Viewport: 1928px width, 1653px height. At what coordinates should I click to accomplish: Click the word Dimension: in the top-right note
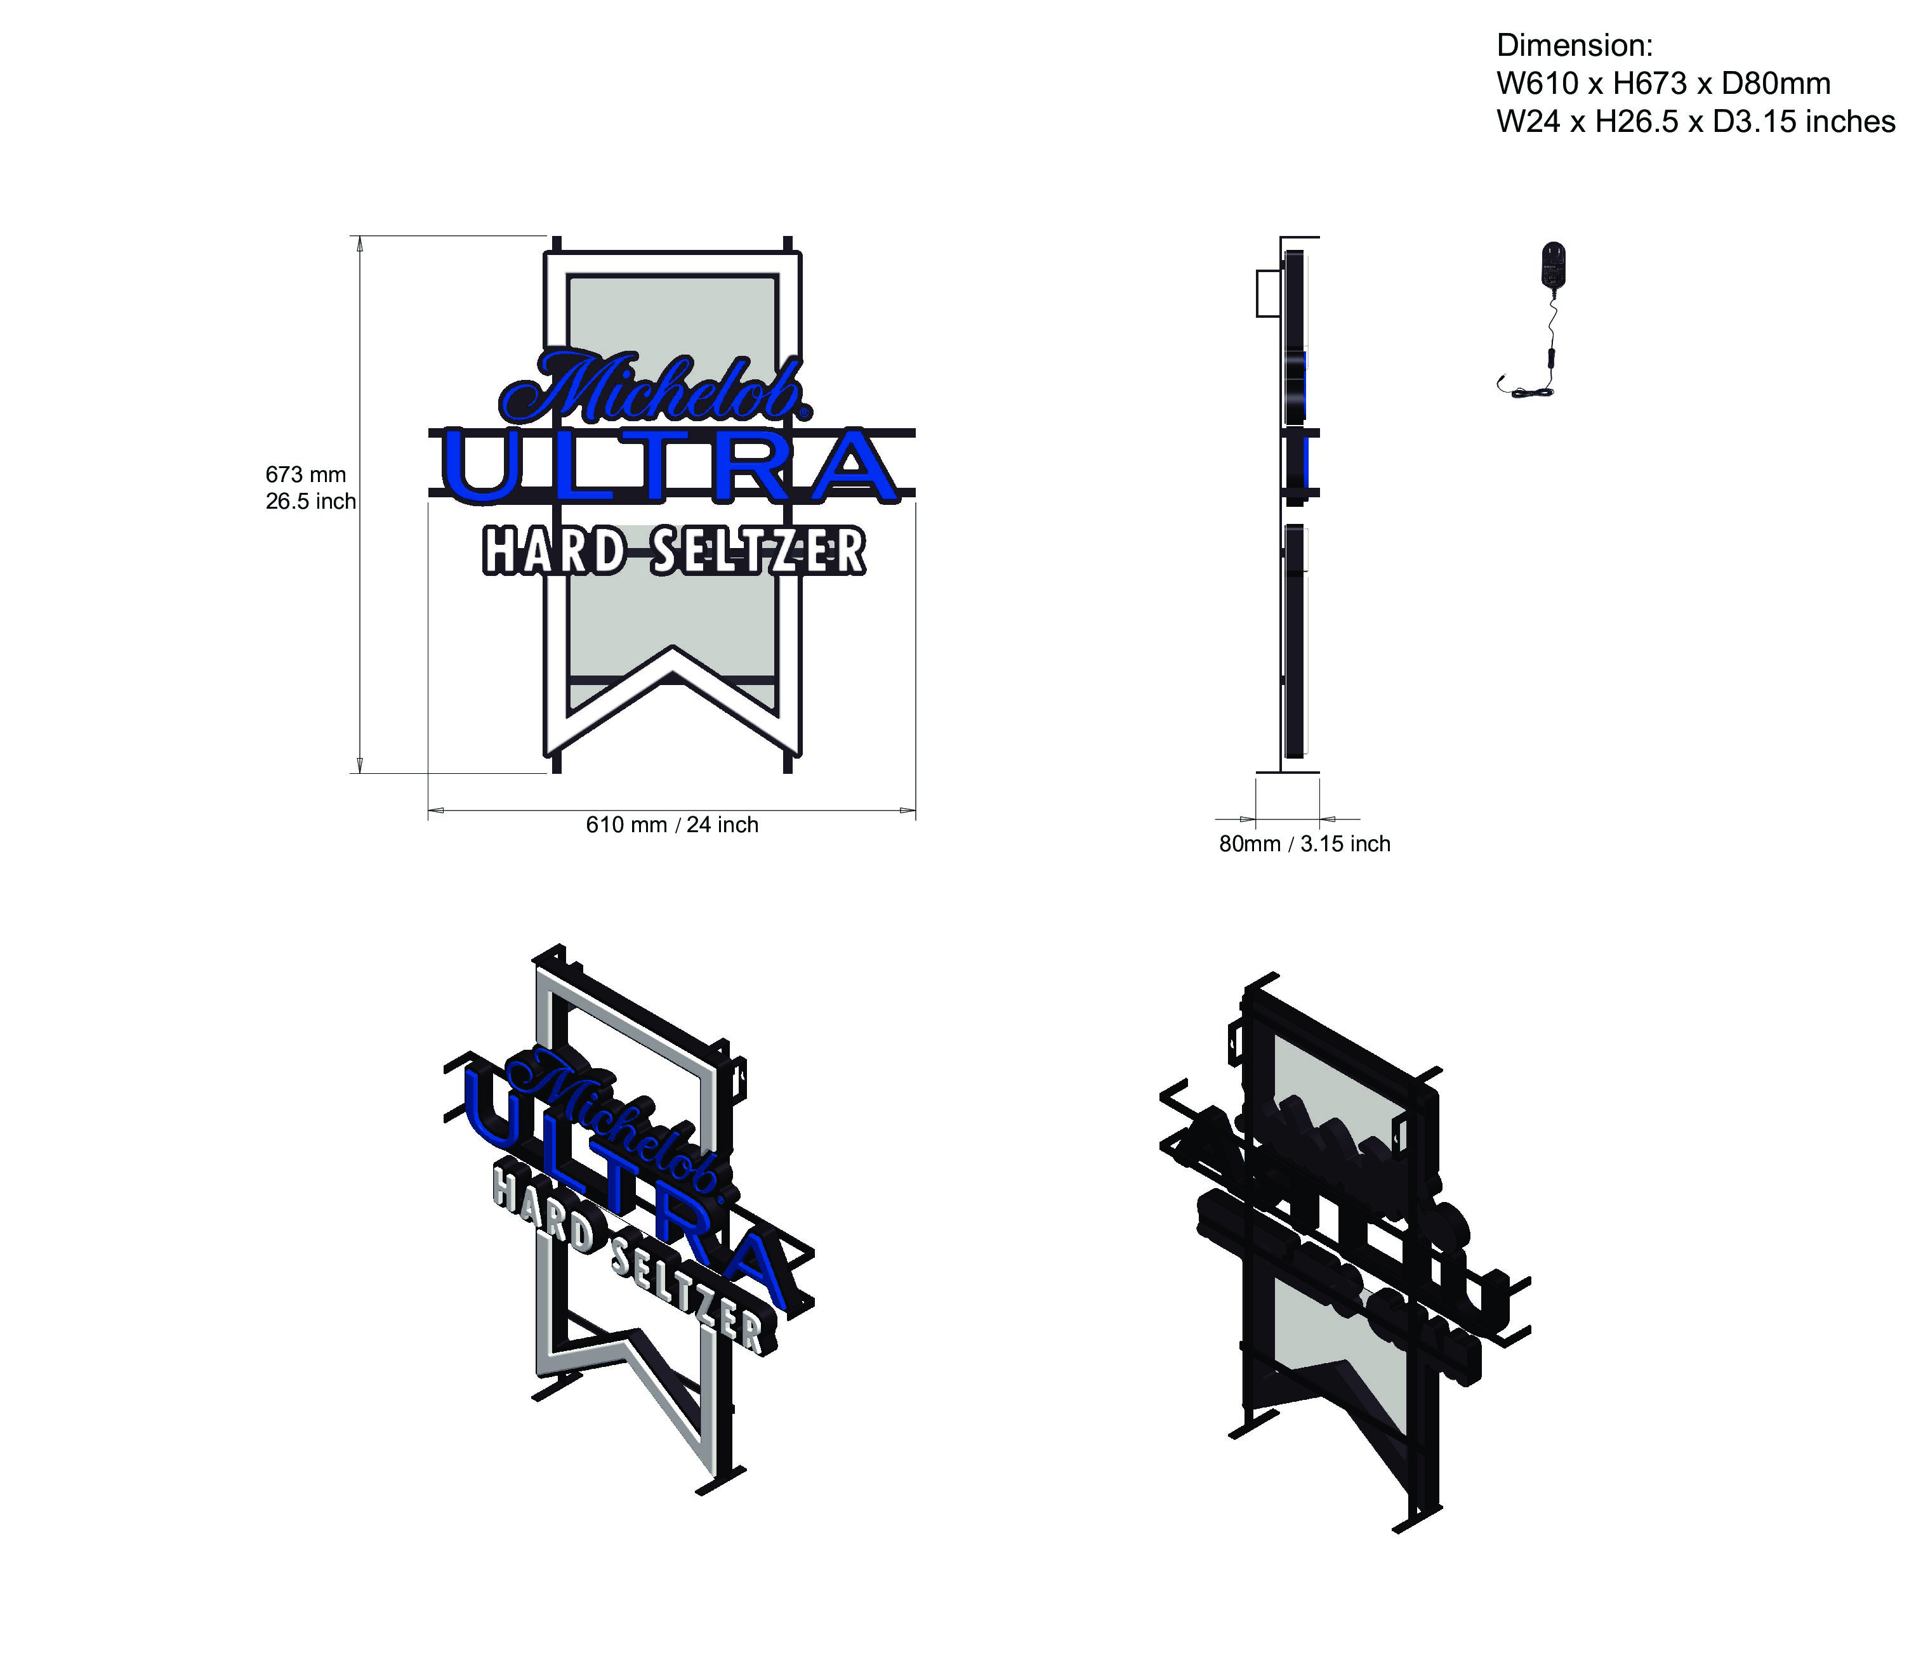click(x=1575, y=46)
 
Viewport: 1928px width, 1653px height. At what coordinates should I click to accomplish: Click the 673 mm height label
click(x=305, y=474)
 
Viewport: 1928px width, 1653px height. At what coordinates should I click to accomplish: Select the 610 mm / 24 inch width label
click(x=672, y=825)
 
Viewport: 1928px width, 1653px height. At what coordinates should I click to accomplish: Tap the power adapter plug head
click(x=1554, y=263)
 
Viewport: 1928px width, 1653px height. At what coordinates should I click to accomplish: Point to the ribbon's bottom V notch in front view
click(x=673, y=651)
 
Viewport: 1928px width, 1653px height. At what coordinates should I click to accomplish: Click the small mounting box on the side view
click(x=1267, y=293)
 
